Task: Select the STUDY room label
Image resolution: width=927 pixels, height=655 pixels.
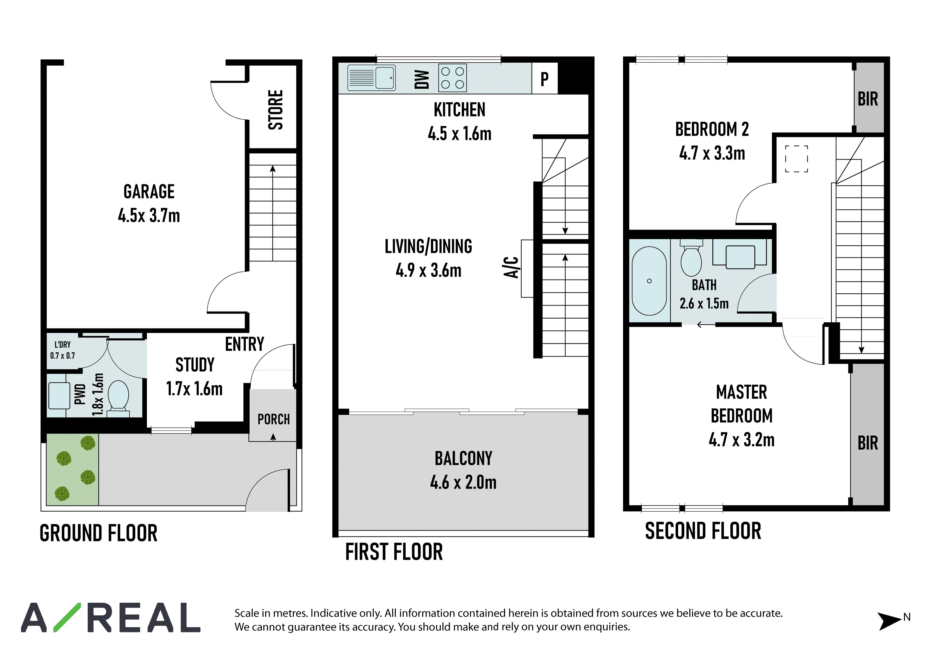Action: [x=195, y=365]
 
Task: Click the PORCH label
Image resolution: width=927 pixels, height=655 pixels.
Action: [x=274, y=420]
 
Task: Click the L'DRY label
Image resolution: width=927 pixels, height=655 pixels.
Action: [x=63, y=345]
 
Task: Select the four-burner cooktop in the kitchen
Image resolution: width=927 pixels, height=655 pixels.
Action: [x=453, y=78]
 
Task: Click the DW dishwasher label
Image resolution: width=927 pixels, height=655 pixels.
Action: [x=422, y=79]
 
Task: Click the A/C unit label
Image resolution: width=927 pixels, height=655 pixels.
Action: [x=511, y=268]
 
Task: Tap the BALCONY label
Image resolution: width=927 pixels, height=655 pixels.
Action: [x=463, y=458]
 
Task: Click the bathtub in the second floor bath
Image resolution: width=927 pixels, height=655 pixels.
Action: [x=649, y=281]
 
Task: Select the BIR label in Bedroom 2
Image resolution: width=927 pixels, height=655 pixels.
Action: [x=868, y=99]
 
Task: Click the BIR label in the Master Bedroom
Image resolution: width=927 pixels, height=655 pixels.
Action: [x=868, y=443]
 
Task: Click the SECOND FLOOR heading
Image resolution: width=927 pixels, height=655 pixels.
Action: [x=703, y=531]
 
